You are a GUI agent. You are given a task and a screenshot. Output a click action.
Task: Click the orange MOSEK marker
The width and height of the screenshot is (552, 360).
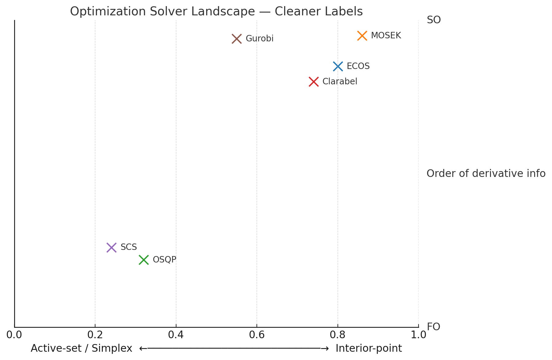tap(362, 36)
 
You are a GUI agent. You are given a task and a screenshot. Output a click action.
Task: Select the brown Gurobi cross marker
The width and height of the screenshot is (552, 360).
tap(237, 39)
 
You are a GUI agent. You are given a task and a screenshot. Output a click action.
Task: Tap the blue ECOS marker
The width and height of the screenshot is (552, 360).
tap(338, 66)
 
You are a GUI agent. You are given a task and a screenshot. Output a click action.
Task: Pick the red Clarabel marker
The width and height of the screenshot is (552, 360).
tap(314, 82)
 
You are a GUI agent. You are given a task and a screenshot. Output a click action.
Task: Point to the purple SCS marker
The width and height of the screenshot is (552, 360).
tap(111, 247)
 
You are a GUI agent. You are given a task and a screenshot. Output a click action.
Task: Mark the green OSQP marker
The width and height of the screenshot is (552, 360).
tap(144, 260)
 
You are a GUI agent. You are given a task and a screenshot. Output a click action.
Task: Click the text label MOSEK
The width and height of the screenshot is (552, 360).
tap(386, 36)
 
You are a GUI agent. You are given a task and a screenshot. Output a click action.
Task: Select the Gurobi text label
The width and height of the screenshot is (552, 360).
tap(259, 39)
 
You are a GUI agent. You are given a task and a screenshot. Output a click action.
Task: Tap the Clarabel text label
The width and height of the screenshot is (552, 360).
tap(340, 82)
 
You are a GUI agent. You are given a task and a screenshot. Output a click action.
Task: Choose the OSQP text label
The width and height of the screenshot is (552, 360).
tap(164, 260)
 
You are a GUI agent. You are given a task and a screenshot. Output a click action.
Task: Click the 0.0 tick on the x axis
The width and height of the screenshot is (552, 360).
tap(14, 335)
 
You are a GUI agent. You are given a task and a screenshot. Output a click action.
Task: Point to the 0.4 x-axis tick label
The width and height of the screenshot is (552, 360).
tap(176, 335)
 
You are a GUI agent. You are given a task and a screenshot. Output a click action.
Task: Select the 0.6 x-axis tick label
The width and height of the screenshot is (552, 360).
tap(257, 335)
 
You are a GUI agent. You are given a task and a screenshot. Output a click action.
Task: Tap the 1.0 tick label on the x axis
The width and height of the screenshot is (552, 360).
tap(418, 335)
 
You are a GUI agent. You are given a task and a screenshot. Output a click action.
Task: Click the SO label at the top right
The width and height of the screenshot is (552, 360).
tap(434, 20)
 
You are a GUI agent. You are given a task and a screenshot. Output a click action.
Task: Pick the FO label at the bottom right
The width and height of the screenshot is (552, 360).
tap(433, 327)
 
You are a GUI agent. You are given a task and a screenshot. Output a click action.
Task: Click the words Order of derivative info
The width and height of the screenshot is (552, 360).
tap(486, 174)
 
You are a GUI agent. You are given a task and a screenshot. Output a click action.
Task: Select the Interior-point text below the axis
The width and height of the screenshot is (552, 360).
tap(369, 349)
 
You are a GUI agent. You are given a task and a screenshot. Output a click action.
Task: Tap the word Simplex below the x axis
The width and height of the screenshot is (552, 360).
tap(112, 349)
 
